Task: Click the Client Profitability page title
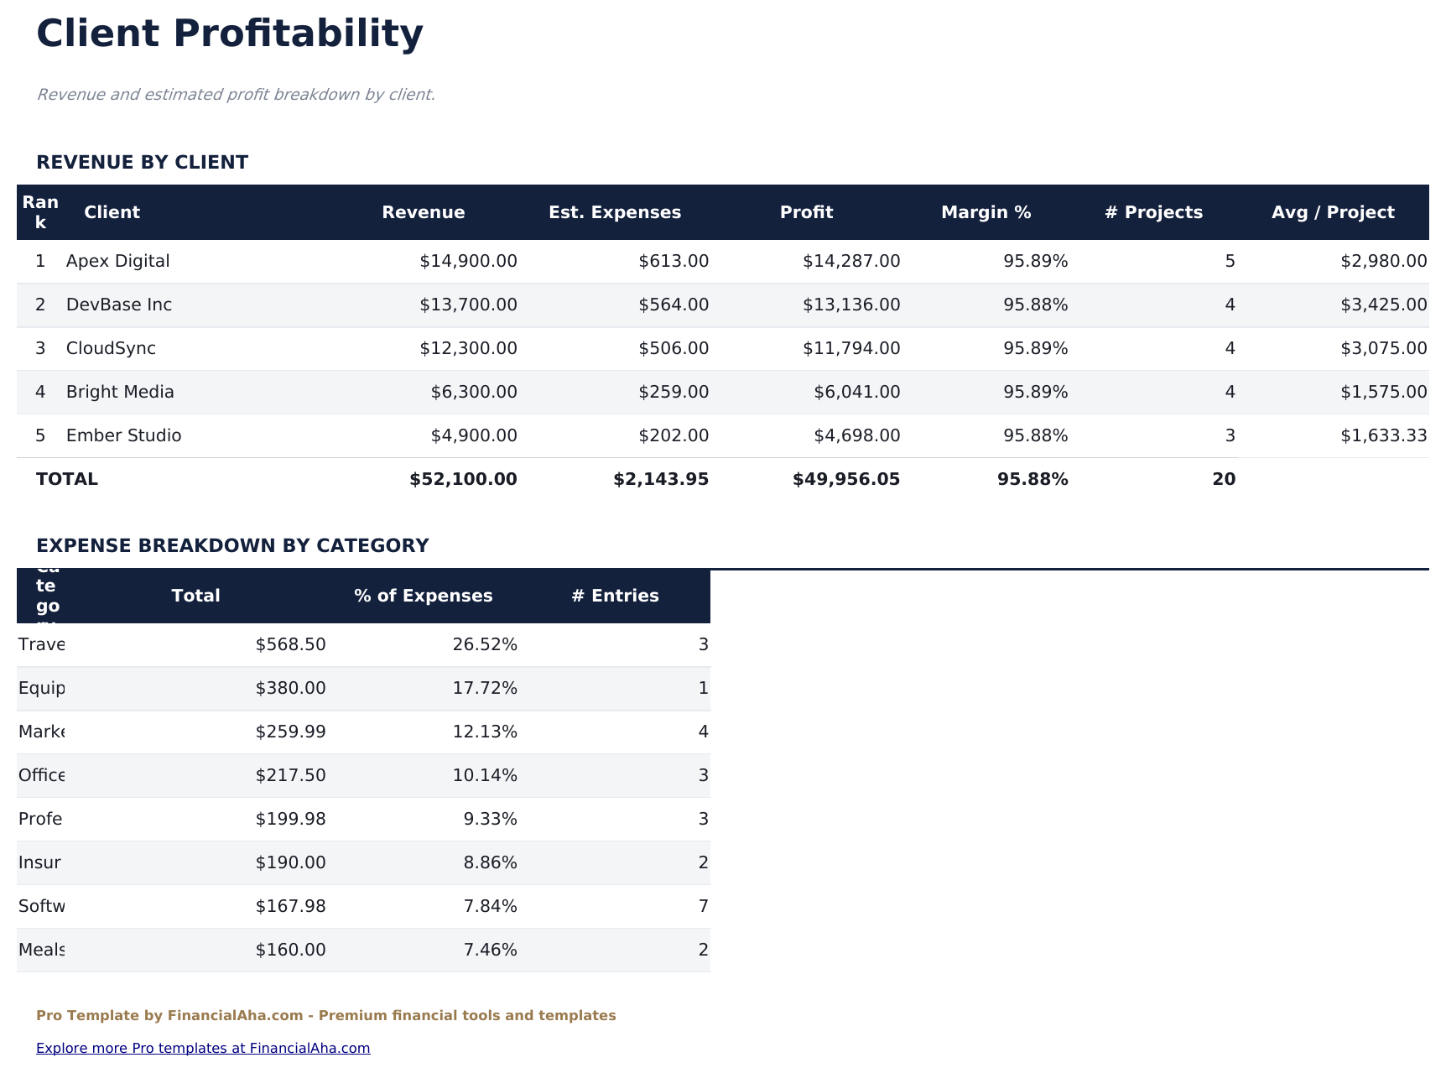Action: [230, 34]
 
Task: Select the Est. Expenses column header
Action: [615, 212]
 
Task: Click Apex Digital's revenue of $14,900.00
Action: [468, 261]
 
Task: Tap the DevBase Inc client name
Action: [119, 305]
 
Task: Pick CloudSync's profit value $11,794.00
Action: [850, 348]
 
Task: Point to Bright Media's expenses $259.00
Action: [674, 392]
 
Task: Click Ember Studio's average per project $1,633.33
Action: [1383, 435]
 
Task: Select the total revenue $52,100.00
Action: [463, 479]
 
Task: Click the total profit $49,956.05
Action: [845, 479]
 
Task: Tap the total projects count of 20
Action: [1223, 479]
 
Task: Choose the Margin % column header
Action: [986, 212]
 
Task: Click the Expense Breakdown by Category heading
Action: [232, 545]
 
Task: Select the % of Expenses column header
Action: [423, 596]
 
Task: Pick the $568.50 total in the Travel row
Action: [290, 644]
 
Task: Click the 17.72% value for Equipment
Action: [485, 688]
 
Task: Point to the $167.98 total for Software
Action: [290, 906]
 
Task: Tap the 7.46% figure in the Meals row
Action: [490, 950]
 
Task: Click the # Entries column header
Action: [615, 596]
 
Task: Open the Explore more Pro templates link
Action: [203, 1048]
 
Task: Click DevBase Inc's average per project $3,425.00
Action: [1383, 305]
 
